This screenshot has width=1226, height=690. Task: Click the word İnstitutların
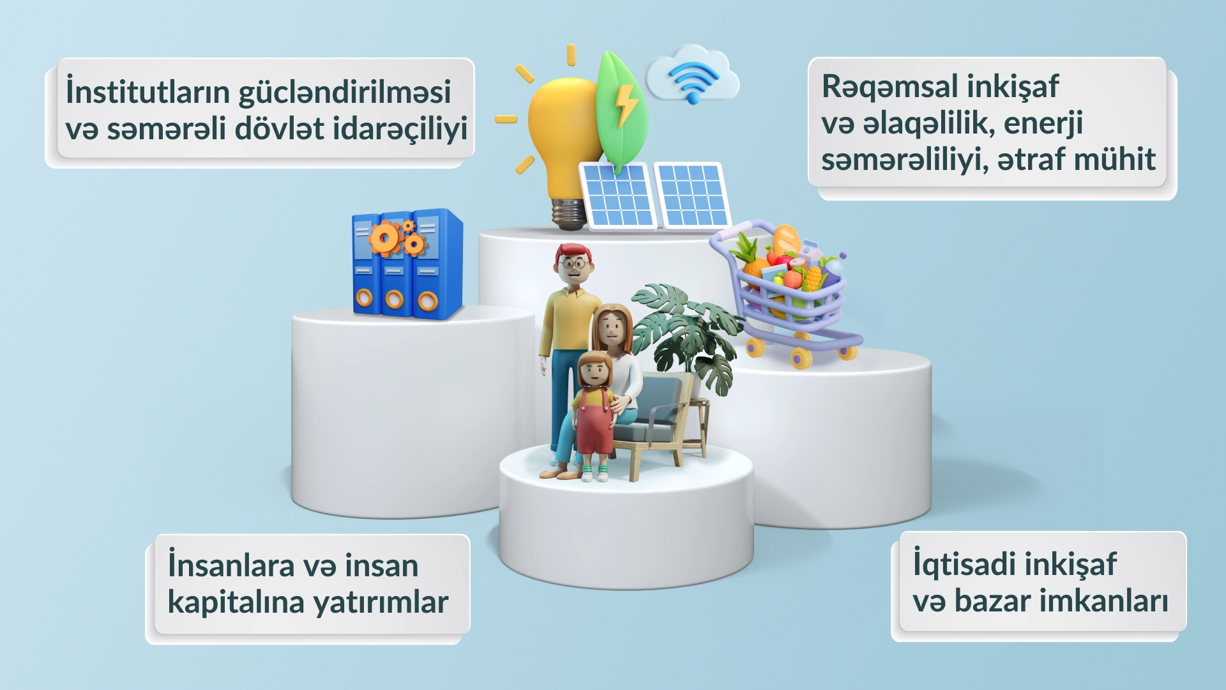tap(148, 91)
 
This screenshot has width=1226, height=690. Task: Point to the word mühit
tap(1115, 158)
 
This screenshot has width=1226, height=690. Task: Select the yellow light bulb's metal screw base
tap(568, 213)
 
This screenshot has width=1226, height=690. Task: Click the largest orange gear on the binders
tap(384, 238)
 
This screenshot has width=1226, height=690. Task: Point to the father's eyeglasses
tap(575, 263)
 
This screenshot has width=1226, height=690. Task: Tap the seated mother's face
tap(612, 328)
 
